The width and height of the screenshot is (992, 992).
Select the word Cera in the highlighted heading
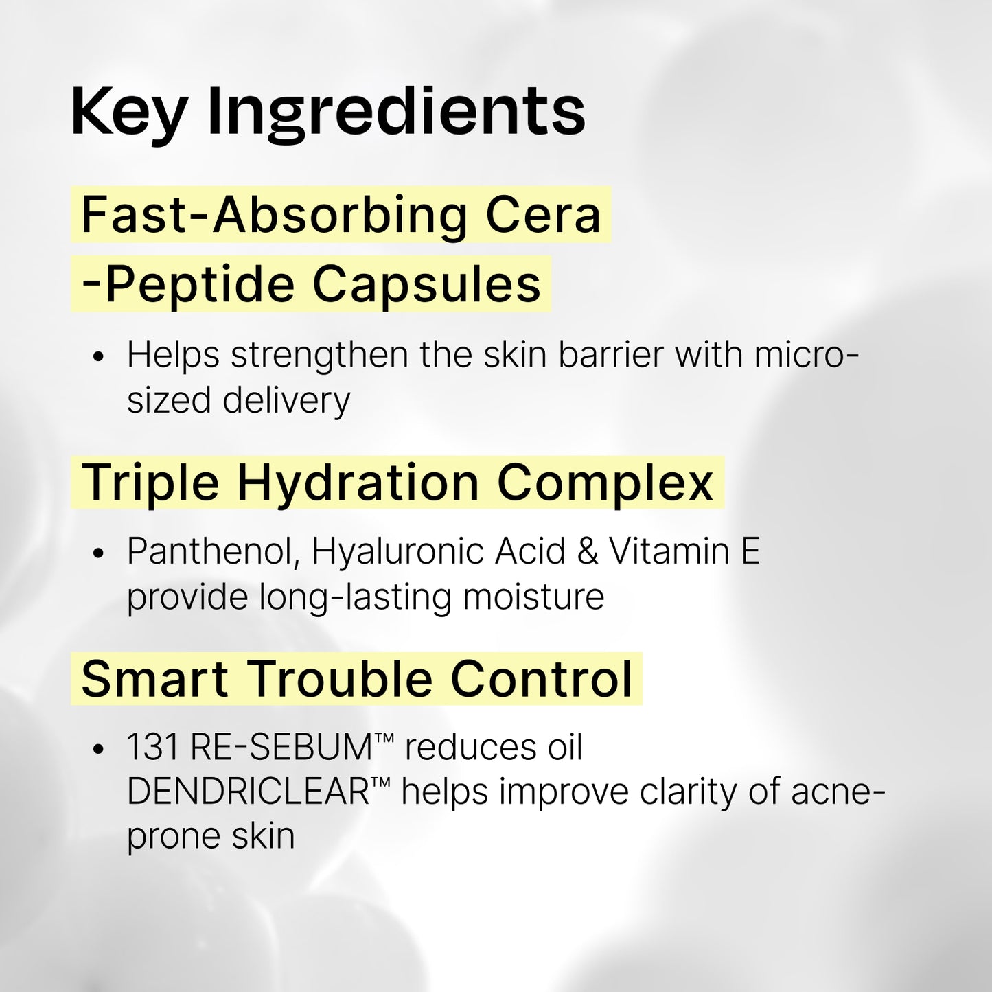click(x=543, y=215)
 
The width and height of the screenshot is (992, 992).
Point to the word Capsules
click(x=426, y=284)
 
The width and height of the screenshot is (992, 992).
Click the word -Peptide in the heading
click(x=188, y=284)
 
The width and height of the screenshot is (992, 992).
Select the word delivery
click(x=286, y=400)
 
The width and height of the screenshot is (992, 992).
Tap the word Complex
click(x=605, y=483)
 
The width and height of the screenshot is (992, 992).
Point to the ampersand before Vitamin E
click(x=588, y=552)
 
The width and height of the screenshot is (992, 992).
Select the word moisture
click(x=533, y=597)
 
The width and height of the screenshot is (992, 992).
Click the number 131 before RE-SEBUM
click(x=152, y=748)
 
